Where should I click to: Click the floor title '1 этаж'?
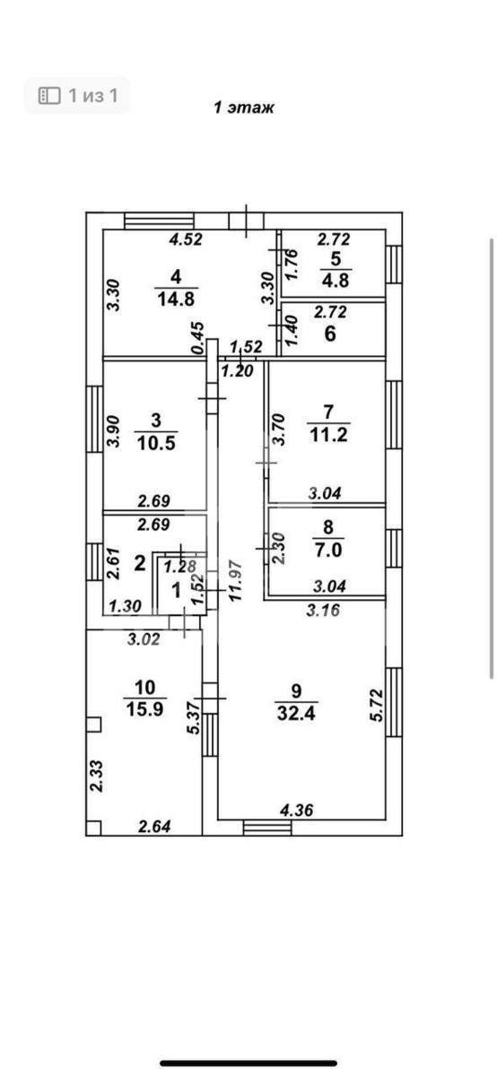click(x=244, y=108)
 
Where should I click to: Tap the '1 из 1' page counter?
click(x=92, y=96)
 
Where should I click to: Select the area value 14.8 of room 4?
click(x=176, y=299)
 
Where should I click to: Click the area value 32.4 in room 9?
click(x=296, y=714)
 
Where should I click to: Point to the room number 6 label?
click(x=330, y=334)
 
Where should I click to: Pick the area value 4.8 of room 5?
click(x=336, y=280)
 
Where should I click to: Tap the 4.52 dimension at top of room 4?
click(x=186, y=239)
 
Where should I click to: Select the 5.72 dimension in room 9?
click(x=377, y=705)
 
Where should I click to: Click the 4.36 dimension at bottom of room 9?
click(x=297, y=811)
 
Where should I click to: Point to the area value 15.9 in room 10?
click(x=144, y=708)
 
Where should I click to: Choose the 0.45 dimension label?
click(x=197, y=338)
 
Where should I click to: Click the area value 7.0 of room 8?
click(x=327, y=549)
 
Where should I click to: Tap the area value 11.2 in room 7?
click(x=328, y=435)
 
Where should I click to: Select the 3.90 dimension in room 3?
click(x=113, y=431)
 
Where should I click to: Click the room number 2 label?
click(x=139, y=563)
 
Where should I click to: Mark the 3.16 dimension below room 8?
click(x=323, y=610)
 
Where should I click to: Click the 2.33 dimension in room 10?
click(x=96, y=776)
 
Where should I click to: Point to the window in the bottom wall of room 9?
click(x=267, y=828)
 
